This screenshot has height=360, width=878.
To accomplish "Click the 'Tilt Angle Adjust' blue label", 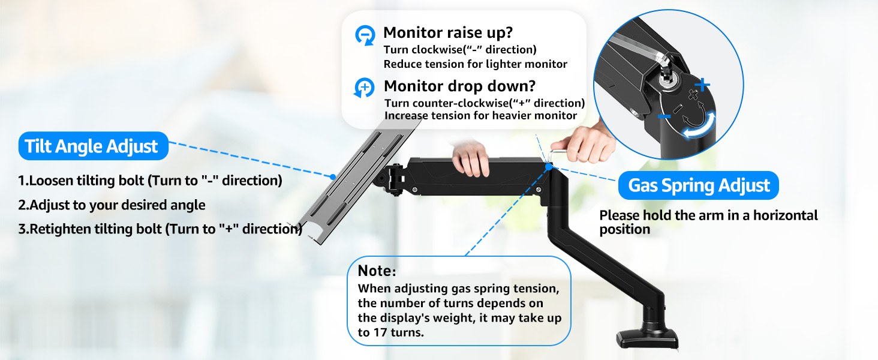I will coord(92,146).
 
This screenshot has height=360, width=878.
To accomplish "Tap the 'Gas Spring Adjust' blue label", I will coord(699,185).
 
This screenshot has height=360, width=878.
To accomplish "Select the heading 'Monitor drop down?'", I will coord(459,86).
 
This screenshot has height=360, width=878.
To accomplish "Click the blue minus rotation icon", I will coord(365,35).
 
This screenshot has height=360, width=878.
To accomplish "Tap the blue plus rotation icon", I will coord(365,88).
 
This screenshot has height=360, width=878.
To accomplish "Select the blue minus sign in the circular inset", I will coord(663,116).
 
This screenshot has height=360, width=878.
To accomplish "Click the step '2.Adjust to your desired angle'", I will coord(112,205).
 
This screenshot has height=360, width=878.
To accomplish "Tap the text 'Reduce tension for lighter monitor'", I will coord(475,64).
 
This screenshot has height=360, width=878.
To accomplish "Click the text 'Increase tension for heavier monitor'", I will coord(480,115).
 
